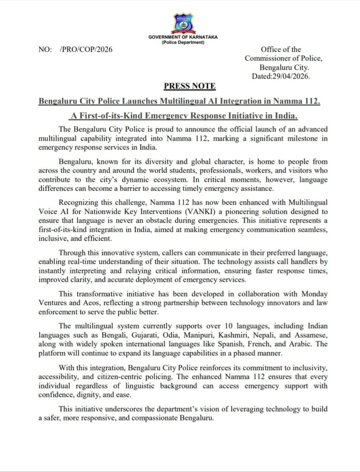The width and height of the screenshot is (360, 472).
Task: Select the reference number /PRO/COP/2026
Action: [86, 49]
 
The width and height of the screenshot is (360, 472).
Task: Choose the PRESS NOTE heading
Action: [189, 86]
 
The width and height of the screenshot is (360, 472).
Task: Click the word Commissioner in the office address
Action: [270, 58]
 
